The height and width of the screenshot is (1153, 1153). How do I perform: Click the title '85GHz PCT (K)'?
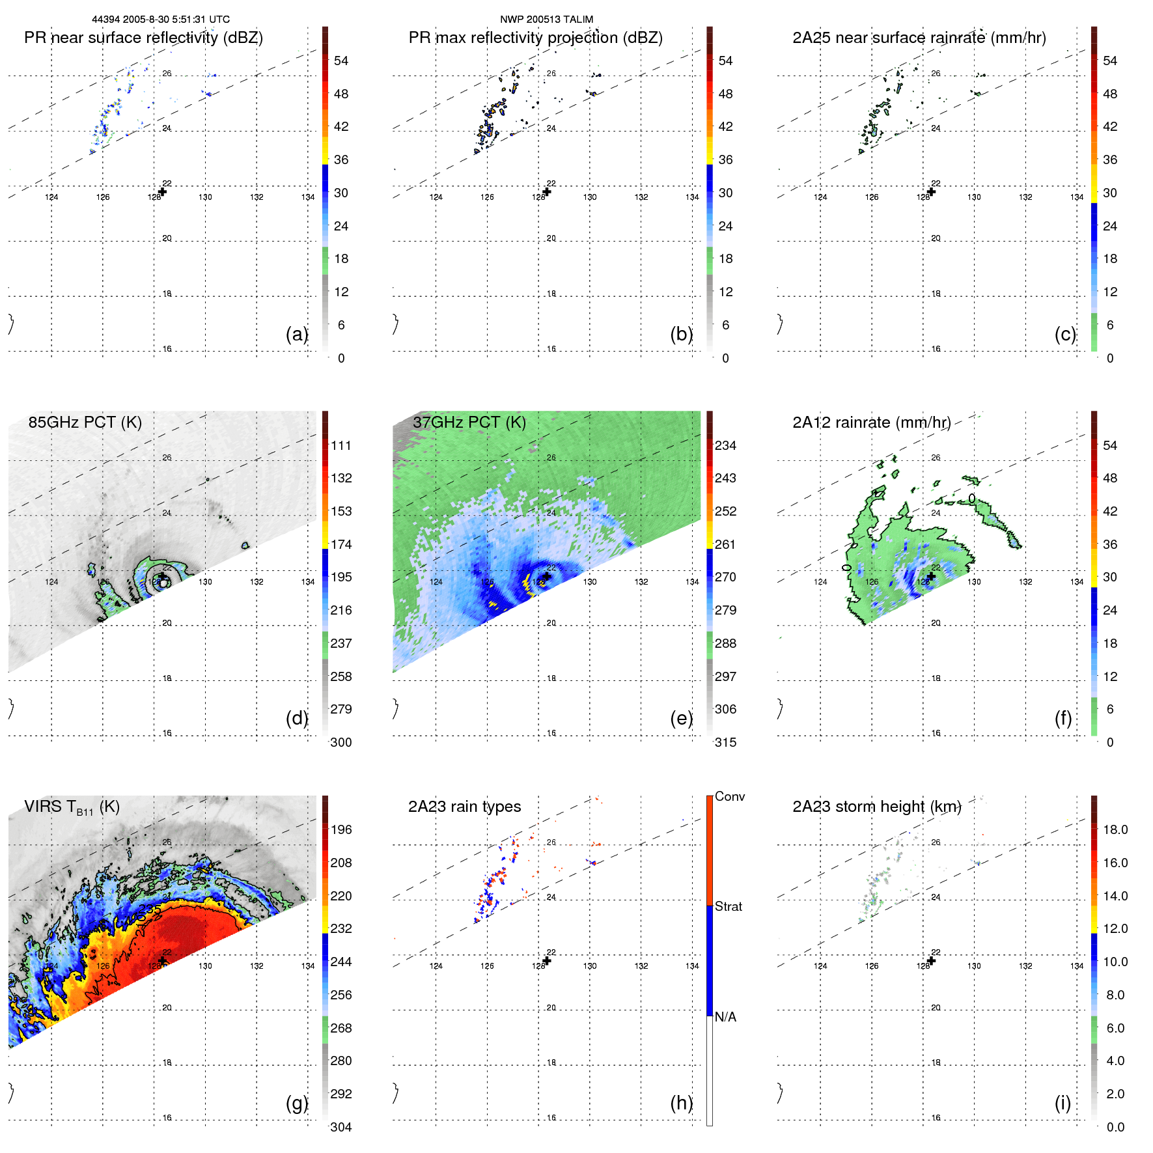tap(85, 422)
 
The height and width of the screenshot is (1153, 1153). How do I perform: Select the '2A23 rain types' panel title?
tap(464, 807)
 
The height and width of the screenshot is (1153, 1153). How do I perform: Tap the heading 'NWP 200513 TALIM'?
tap(546, 20)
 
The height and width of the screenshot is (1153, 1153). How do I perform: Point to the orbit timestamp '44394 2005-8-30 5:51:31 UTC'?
tap(161, 20)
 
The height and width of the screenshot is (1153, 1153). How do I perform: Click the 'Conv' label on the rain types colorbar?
tap(729, 796)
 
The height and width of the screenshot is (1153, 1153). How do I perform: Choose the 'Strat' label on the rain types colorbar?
tap(728, 906)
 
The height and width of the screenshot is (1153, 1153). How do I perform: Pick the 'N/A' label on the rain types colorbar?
tap(725, 1017)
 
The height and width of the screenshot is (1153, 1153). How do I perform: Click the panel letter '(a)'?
tap(296, 334)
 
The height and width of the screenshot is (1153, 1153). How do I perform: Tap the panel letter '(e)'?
tap(681, 718)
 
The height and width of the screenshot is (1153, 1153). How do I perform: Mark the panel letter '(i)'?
tap(1063, 1103)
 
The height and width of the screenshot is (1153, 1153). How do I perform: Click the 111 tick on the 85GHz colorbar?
tap(341, 445)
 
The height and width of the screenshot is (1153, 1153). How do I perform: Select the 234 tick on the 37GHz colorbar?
tap(725, 445)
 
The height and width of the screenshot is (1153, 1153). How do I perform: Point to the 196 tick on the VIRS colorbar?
tap(341, 829)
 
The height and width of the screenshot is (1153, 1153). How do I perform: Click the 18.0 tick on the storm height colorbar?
tap(1115, 829)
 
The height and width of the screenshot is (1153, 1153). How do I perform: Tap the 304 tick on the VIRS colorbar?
tap(341, 1127)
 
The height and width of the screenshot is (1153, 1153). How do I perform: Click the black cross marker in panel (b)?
tap(547, 191)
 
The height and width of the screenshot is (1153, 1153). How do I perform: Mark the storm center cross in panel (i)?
tap(932, 961)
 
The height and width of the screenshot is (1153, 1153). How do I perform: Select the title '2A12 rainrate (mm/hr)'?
tap(871, 422)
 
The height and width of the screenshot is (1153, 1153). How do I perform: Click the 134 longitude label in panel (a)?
tap(308, 197)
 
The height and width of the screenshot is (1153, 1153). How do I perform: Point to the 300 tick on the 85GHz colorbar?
tap(341, 742)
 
